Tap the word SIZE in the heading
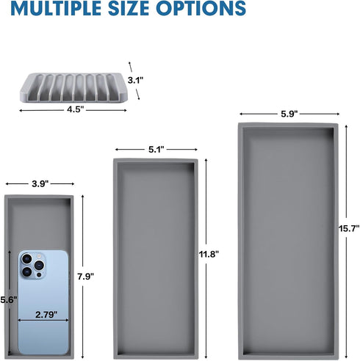coord(129,8)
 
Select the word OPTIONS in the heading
coord(201,8)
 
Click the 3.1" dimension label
coord(135,80)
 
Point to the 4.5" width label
coord(76,109)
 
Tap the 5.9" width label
coord(289,114)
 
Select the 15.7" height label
coord(349,228)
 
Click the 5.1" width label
coord(156,150)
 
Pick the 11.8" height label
coord(209,255)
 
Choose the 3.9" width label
coord(40,183)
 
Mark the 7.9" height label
coord(86,277)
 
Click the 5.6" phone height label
coord(9,300)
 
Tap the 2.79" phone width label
coord(46,315)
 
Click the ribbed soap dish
coord(73,87)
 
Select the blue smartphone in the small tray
coord(43,302)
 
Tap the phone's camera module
coord(32,265)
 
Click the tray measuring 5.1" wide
coord(156,258)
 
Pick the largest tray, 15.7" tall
coord(288,241)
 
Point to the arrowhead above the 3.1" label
coord(129,63)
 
